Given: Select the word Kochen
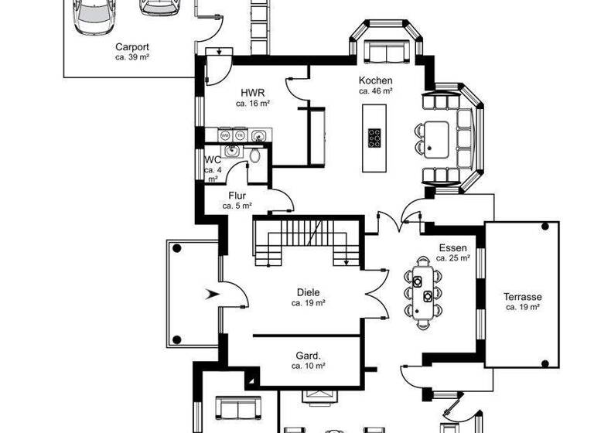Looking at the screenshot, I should pyautogui.click(x=375, y=80).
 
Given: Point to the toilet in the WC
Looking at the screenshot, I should pyautogui.click(x=254, y=155).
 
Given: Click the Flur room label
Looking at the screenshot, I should pyautogui.click(x=237, y=196).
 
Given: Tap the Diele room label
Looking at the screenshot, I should pyautogui.click(x=308, y=292).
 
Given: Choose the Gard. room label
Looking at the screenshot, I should pyautogui.click(x=308, y=356).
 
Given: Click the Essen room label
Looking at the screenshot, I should pyautogui.click(x=452, y=248).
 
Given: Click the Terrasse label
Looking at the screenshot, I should pyautogui.click(x=522, y=297).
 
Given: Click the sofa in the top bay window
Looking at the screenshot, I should pyautogui.click(x=384, y=52).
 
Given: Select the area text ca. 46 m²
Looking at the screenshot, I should pyautogui.click(x=375, y=90).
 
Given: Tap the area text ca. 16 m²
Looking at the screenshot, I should pyautogui.click(x=252, y=102).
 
